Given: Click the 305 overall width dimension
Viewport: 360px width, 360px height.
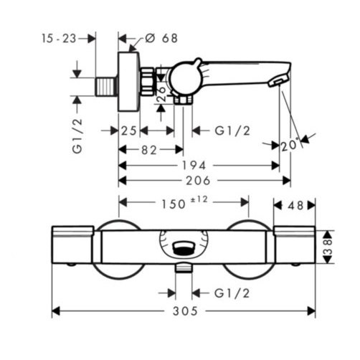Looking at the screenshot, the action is pos(185,311).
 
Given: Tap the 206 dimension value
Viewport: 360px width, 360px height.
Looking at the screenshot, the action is pos(198,181).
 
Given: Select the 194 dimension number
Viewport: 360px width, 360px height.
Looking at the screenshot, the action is pos(194,166).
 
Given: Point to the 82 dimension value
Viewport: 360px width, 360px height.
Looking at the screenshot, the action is pos(149,151).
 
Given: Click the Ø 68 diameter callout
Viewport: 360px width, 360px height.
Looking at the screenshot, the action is pos(161,38).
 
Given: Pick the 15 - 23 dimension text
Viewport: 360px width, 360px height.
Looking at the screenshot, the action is pos(59,39).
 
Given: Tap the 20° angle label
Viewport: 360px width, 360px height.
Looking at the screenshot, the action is pos(290,146).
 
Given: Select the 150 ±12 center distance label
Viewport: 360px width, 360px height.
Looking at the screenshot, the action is pos(185,203).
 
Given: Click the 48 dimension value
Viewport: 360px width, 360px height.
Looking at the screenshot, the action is pos(295,205).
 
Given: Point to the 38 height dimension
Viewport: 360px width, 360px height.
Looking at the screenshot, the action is pos(328,247).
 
